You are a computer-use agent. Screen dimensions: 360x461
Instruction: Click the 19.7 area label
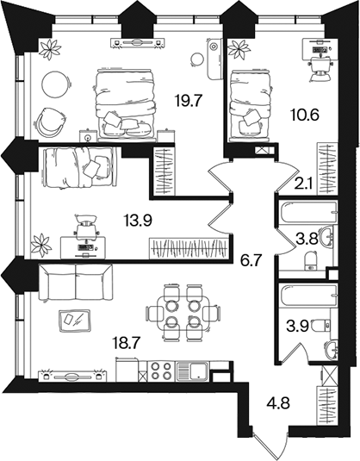[189, 102]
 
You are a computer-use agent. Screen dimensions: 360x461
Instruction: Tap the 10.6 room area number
[305, 115]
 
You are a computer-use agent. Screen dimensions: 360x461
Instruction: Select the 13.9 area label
[138, 221]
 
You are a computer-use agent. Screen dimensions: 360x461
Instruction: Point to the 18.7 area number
[127, 343]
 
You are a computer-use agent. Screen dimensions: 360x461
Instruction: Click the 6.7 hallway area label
[251, 260]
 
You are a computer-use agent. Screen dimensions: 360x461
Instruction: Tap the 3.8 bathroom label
[307, 240]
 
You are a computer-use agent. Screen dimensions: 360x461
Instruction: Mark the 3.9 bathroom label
[297, 326]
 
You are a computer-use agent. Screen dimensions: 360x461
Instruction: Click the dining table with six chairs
[183, 312]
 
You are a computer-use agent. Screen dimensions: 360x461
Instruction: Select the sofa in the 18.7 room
[76, 282]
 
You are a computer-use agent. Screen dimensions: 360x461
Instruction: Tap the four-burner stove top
[160, 371]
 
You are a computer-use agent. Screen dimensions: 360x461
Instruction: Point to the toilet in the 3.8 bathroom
[311, 261]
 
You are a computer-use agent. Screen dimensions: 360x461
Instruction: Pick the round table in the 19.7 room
[56, 85]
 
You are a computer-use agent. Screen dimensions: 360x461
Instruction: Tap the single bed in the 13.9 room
[78, 167]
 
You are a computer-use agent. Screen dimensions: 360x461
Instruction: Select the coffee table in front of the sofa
[75, 321]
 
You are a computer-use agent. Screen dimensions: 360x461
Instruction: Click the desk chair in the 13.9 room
[85, 225]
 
